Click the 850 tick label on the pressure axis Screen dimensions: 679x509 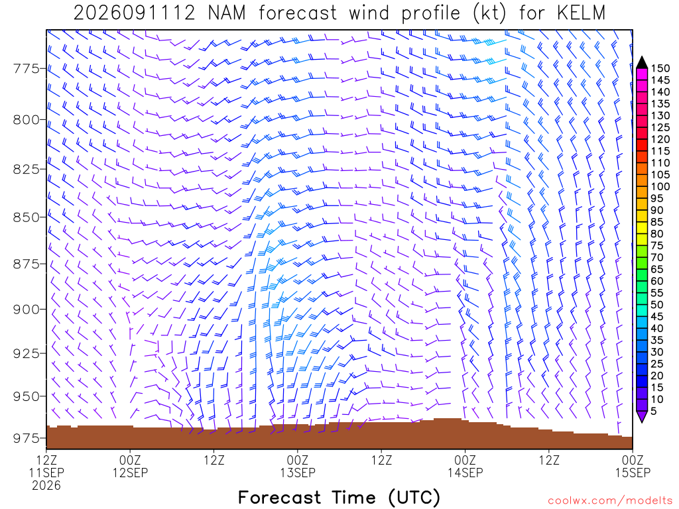[x=26, y=217]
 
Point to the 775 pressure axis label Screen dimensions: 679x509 [x=26, y=69]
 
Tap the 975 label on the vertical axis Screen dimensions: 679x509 [x=26, y=439]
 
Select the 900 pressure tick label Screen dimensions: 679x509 [x=26, y=310]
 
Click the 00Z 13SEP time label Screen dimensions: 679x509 [x=298, y=466]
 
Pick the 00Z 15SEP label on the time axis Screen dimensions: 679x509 [x=633, y=466]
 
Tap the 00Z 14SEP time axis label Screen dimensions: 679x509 [x=465, y=466]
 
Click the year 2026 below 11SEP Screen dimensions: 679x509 [x=46, y=486]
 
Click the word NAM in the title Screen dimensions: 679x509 [x=227, y=13]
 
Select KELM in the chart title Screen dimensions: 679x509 [x=581, y=13]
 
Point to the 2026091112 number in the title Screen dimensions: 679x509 [x=135, y=13]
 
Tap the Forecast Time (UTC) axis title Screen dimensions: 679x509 [x=339, y=497]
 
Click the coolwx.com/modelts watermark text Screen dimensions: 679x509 [x=610, y=501]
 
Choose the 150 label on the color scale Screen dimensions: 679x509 [x=660, y=68]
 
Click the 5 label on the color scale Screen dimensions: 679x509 [x=653, y=411]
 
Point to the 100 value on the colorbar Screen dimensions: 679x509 [x=660, y=186]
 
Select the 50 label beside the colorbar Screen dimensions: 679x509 [x=657, y=305]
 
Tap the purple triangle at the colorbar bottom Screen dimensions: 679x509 [x=642, y=416]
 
